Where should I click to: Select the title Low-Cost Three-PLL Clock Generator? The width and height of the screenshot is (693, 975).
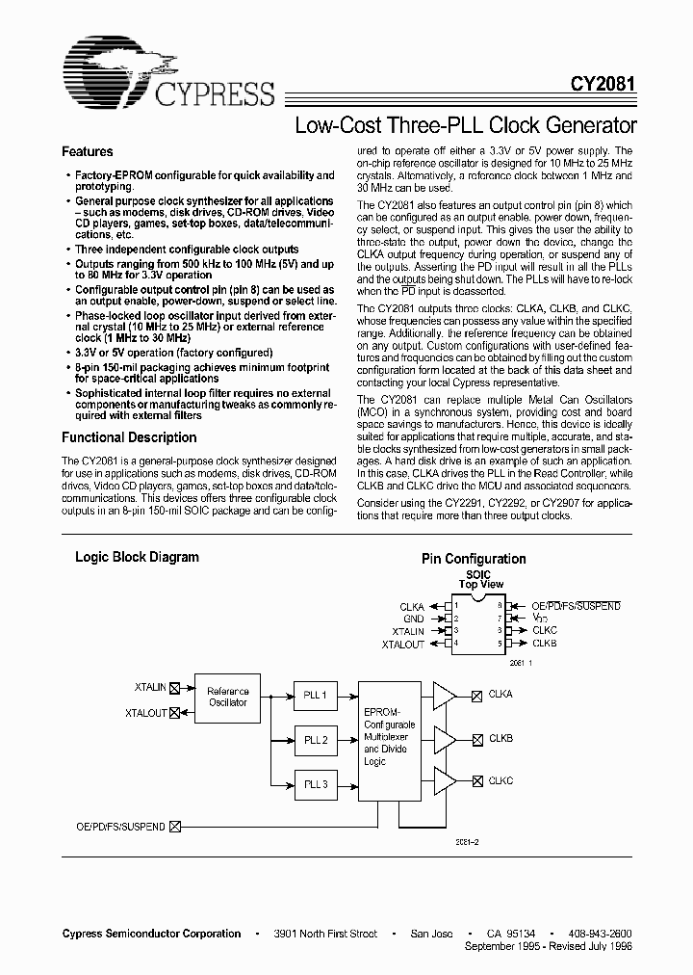coord(466,125)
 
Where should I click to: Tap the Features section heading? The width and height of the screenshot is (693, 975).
coord(88,152)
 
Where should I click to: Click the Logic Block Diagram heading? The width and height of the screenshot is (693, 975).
coord(138,557)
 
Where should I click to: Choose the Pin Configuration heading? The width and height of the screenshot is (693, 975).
coord(474,559)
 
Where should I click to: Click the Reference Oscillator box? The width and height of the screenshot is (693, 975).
coord(227,697)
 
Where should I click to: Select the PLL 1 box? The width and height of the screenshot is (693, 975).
coord(316,696)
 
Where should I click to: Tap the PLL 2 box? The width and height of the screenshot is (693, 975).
coord(316,740)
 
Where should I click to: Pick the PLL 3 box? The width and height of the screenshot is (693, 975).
coord(316,784)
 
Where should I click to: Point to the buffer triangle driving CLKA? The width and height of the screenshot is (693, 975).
coord(446,696)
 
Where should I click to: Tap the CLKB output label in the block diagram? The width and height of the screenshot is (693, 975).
coord(500,740)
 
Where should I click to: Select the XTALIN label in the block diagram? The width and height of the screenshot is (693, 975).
coord(151,687)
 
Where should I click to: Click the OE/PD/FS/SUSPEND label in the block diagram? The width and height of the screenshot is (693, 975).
coord(120,827)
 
